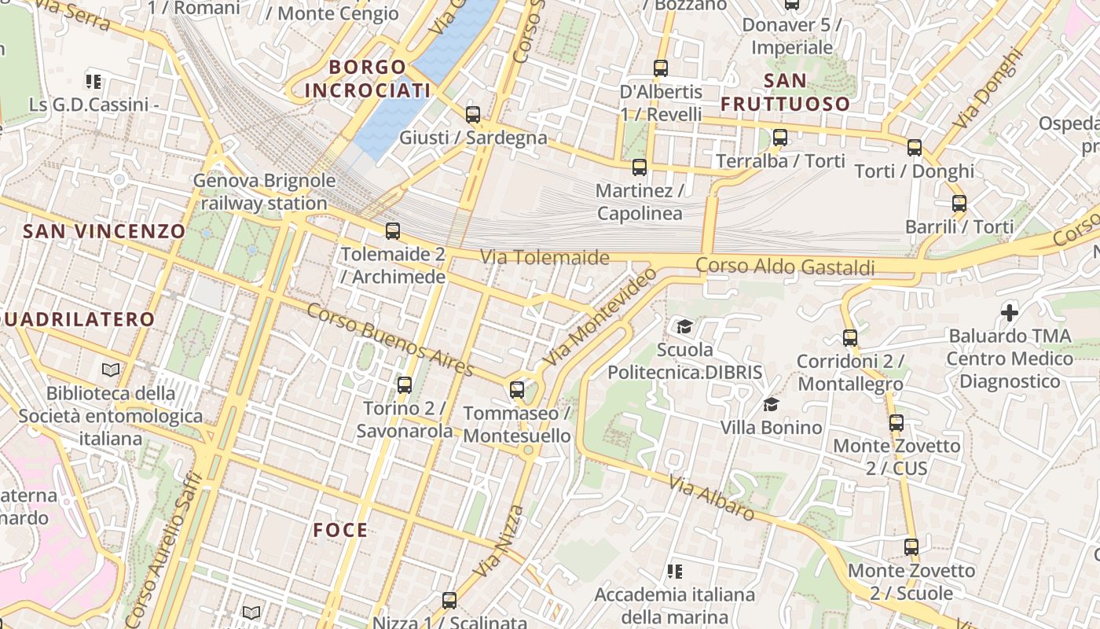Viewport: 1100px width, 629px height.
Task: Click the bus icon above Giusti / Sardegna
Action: pos(473,115)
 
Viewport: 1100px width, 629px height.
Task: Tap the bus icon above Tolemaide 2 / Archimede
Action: pos(393,231)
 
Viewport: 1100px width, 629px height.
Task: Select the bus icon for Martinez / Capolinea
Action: pos(640,167)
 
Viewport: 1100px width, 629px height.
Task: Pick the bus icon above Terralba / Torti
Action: pos(780,138)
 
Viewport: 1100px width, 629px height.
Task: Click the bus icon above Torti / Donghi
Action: pos(915,148)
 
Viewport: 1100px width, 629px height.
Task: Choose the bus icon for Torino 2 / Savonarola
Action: pos(405,385)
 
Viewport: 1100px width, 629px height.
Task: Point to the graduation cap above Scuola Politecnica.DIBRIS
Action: pos(684,326)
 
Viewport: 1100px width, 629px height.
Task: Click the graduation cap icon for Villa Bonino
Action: pos(771,405)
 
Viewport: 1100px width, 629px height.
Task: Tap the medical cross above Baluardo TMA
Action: pos(1010,313)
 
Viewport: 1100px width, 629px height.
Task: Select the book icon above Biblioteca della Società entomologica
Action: pos(111,370)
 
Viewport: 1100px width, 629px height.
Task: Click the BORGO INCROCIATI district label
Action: pos(368,79)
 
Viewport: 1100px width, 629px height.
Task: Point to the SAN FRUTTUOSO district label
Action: pos(786,92)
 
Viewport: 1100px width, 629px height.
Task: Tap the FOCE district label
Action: pos(341,530)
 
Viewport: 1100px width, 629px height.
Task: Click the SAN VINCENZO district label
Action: pos(104,231)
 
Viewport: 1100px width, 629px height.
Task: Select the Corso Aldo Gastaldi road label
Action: pos(785,267)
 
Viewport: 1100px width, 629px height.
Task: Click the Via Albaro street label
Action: pos(713,498)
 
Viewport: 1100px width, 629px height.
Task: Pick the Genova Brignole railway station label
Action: pos(264,192)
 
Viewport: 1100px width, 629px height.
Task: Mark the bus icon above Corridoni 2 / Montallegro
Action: pos(850,338)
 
